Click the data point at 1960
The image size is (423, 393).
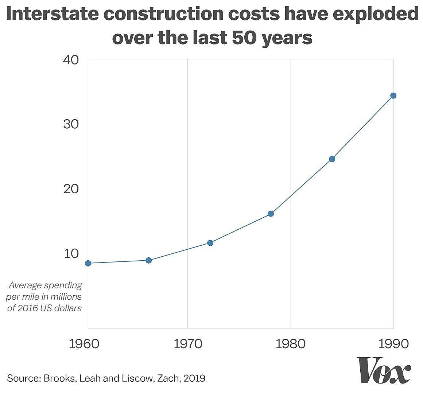pos(88,263)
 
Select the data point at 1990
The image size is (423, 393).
pos(393,96)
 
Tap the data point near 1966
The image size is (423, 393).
pos(148,260)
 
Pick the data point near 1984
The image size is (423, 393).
pos(332,159)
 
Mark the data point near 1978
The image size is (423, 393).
pos(271,214)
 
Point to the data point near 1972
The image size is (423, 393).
pos(210,243)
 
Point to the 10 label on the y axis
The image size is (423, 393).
pos(71,253)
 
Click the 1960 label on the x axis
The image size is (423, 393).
pos(84,344)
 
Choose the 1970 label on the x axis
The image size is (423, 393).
pos(187,344)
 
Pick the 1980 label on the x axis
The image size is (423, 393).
pos(291,344)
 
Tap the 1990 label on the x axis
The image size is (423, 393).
pos(393,344)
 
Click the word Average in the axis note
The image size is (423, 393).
pos(27,285)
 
